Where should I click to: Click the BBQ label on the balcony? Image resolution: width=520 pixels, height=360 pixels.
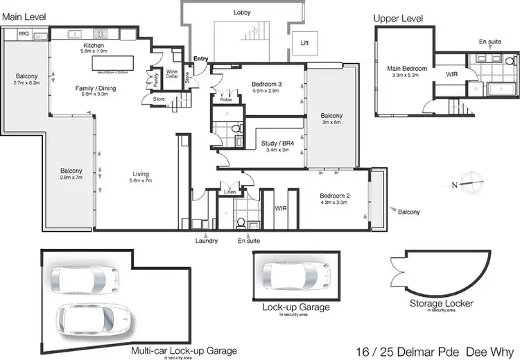click(x=23, y=32)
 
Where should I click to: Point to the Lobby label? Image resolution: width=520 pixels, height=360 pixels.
click(x=242, y=12)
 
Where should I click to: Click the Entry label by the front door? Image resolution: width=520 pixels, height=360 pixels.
click(x=200, y=59)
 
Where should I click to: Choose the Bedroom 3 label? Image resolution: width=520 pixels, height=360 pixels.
click(x=265, y=85)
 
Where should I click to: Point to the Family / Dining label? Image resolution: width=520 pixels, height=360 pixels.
click(x=96, y=89)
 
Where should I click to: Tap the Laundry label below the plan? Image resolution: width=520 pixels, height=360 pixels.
click(x=207, y=241)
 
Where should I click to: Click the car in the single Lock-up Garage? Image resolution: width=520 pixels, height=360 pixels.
click(x=299, y=275)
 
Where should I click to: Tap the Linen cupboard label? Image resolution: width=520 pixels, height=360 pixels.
click(x=229, y=191)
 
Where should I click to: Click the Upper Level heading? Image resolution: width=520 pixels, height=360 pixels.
click(x=398, y=18)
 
